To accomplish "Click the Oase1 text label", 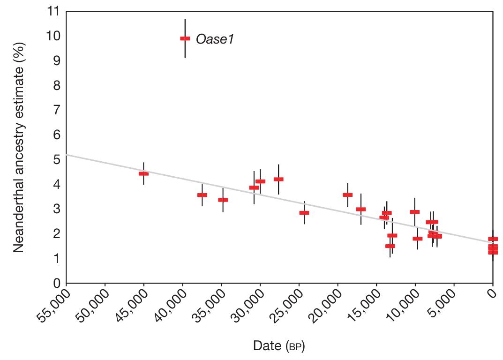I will (215, 39).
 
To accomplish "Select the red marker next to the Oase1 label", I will (185, 38).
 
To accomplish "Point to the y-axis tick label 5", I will (56, 160).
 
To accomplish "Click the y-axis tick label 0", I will (56, 283).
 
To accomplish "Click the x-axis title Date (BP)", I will (279, 346).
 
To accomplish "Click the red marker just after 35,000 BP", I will (223, 200).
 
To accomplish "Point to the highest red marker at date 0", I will (493, 239).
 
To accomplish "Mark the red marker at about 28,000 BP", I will (278, 179).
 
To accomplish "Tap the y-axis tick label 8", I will (56, 86).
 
